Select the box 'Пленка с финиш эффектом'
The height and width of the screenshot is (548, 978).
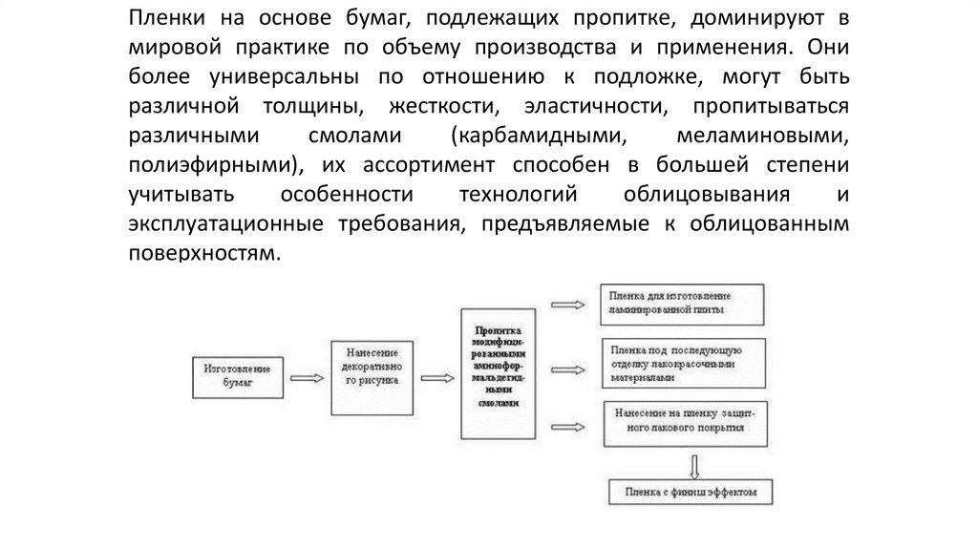pos(690,493)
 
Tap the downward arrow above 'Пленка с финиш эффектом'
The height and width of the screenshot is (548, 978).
pos(694,466)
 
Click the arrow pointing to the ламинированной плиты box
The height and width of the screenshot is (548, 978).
pos(569,306)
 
